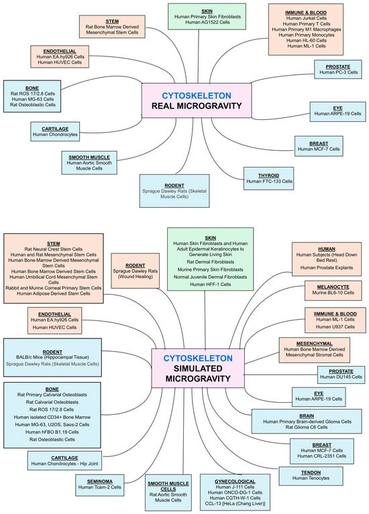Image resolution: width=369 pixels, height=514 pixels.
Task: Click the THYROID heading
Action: tap(268, 176)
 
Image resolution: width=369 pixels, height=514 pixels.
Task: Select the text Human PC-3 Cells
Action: tap(338, 72)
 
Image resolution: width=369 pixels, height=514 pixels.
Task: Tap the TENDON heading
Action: tap(311, 472)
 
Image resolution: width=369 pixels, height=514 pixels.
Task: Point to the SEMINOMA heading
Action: tap(100, 482)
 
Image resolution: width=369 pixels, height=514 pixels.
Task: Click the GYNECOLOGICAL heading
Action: tap(235, 481)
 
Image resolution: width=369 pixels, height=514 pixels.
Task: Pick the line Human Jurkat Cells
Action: tap(307, 18)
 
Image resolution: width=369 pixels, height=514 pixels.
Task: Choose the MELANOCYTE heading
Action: tap(333, 287)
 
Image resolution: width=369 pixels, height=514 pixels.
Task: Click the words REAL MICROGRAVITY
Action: tap(197, 106)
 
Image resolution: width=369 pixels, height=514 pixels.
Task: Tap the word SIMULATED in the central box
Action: tap(198, 369)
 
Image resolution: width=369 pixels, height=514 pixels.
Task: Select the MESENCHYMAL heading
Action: tap(314, 344)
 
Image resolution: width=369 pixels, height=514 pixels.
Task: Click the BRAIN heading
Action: tap(307, 415)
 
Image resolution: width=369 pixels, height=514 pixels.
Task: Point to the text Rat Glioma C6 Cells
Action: tap(307, 427)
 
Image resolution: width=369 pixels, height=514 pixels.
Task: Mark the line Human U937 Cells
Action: tap(335, 327)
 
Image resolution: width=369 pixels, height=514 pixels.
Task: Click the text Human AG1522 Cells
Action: tap(207, 22)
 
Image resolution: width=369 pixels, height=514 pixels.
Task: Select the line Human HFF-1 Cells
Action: tap(211, 284)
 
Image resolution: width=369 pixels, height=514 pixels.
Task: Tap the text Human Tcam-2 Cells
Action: tap(100, 487)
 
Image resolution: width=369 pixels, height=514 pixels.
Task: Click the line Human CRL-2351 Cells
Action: tap(322, 456)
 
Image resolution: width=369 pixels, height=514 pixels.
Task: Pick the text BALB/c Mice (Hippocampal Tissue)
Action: tap(52, 357)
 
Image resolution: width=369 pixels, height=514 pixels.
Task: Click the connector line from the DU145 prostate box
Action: tap(280, 375)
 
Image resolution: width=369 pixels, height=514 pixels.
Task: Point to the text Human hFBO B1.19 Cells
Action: tap(52, 432)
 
